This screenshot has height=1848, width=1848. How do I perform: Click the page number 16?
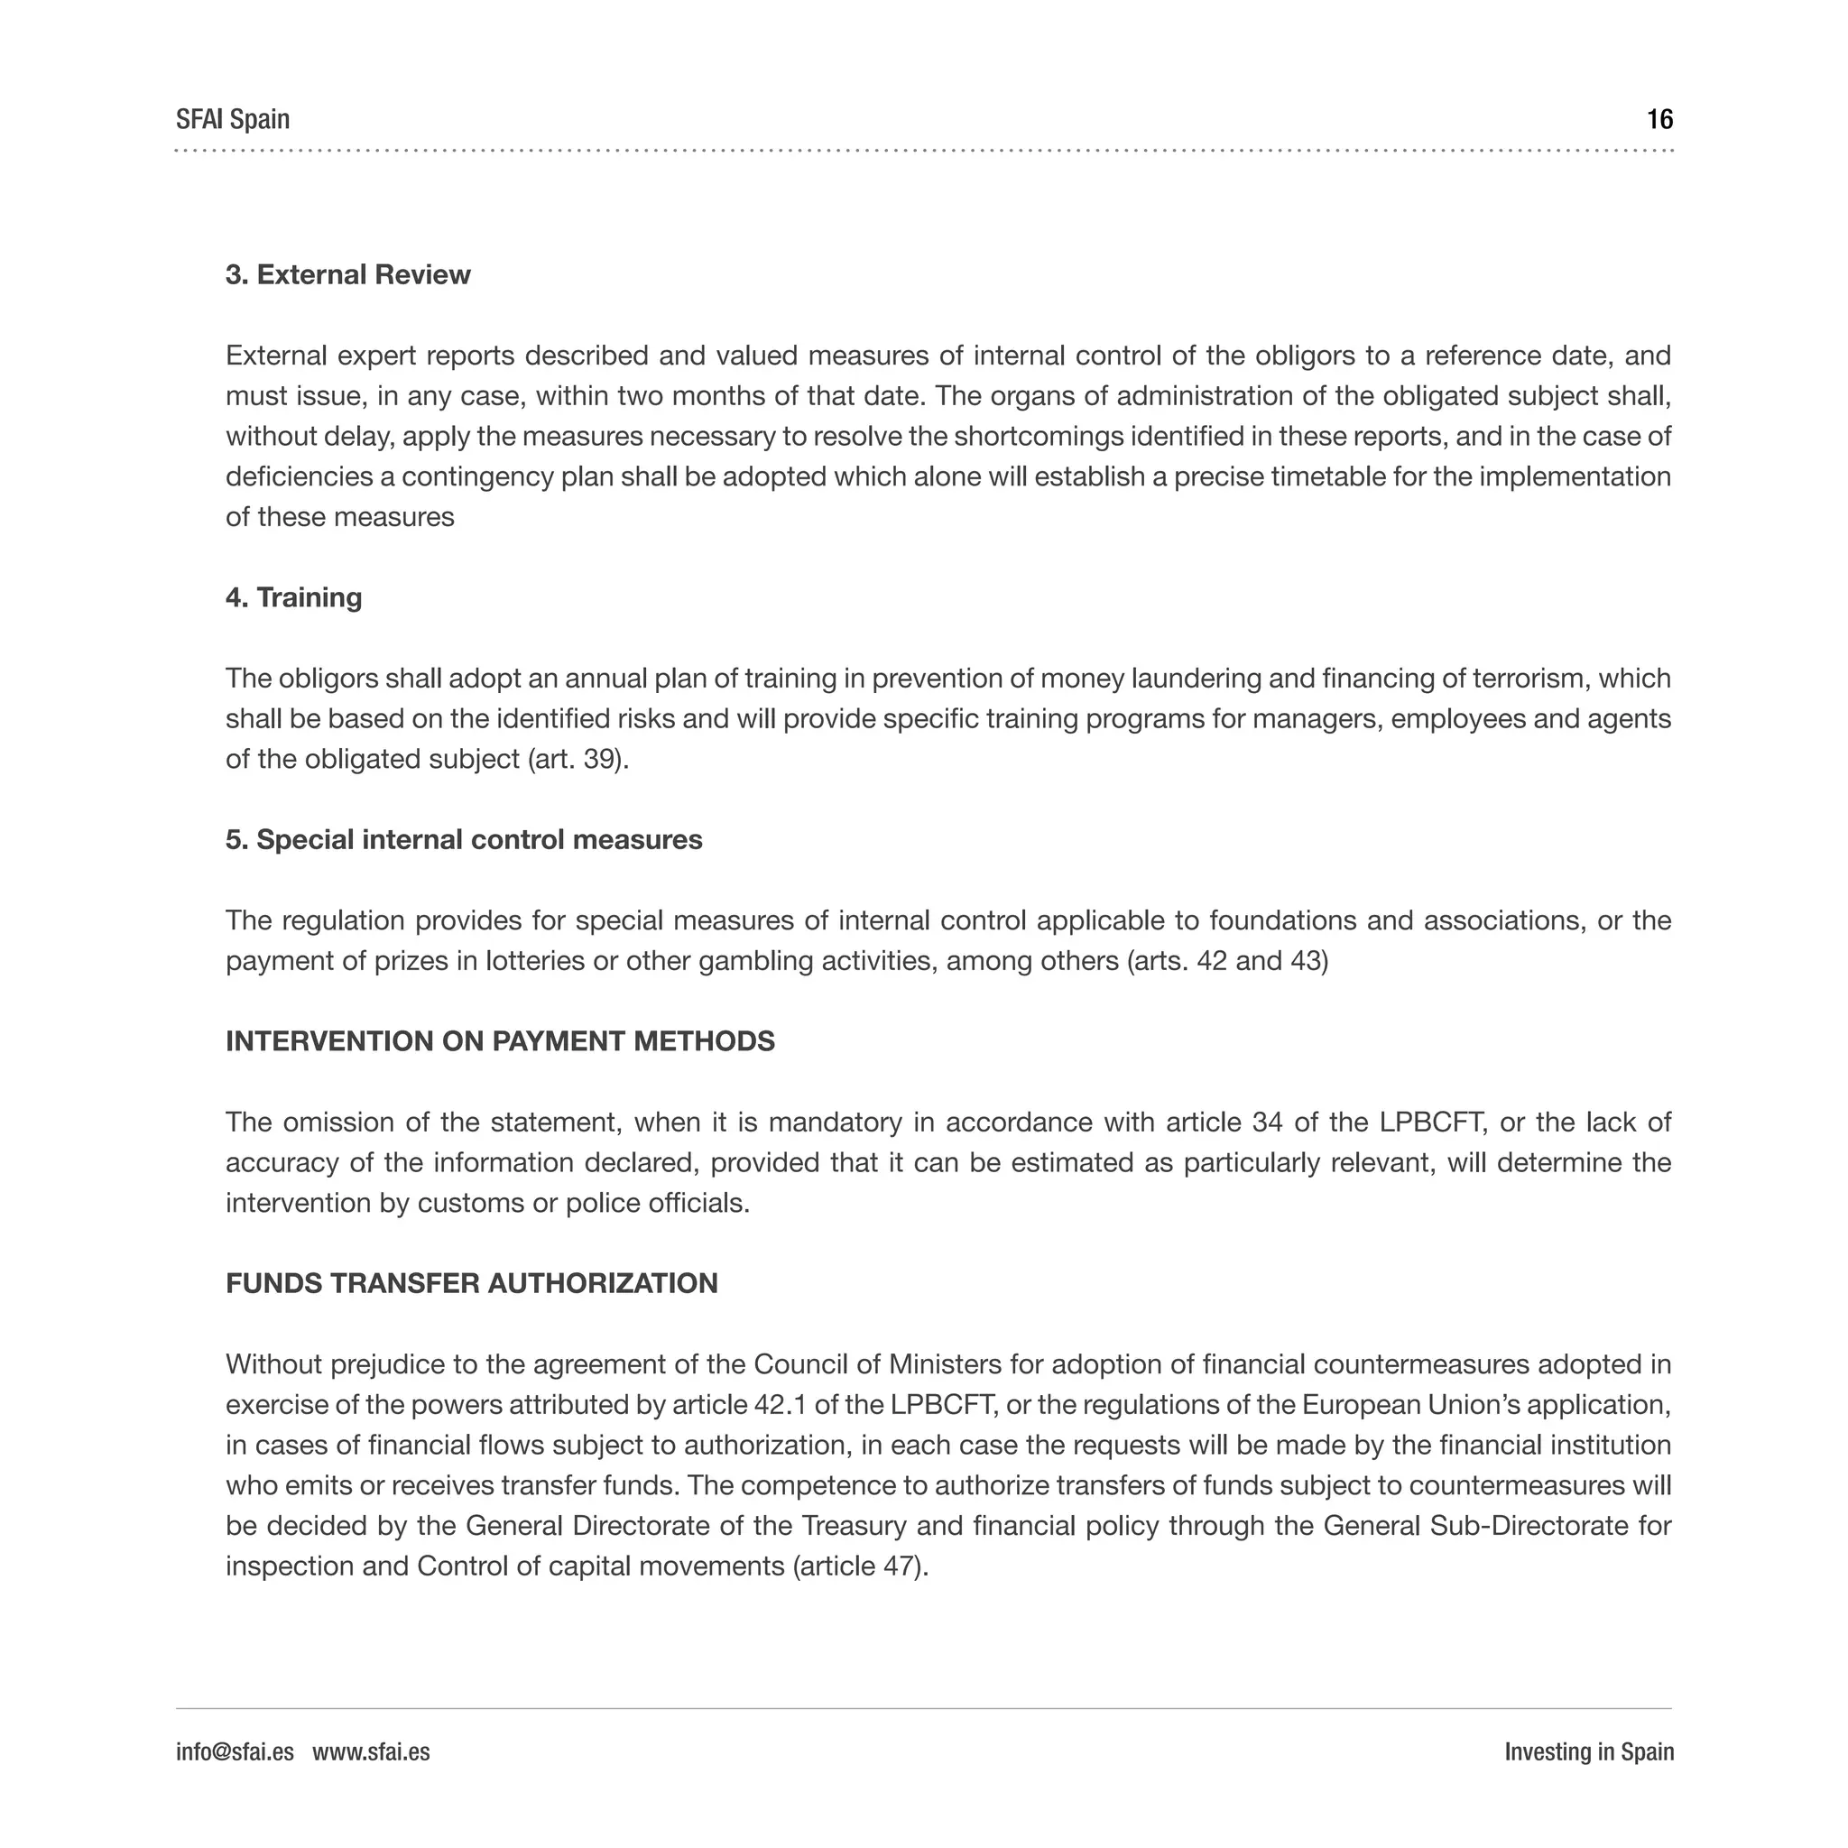1659,120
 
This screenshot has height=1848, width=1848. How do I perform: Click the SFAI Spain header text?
233,120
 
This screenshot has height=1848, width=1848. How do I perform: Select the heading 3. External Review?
348,274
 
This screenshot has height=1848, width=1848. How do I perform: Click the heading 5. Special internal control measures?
464,839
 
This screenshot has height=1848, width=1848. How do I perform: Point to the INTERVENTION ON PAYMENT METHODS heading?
499,1040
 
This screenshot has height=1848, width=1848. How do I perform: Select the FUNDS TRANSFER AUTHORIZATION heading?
472,1283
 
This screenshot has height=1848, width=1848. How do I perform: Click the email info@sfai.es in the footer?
235,1751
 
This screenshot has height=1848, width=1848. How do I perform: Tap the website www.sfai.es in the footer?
371,1751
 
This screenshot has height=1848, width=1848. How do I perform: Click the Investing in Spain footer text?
1589,1751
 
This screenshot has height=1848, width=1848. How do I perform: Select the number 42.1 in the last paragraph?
781,1404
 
